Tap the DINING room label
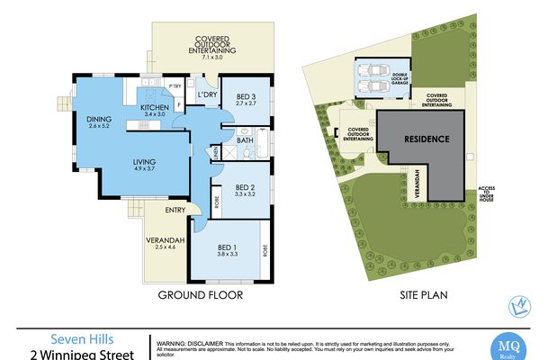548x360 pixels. (x=98, y=120)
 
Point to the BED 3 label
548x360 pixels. (x=247, y=97)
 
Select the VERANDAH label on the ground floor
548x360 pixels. (x=165, y=240)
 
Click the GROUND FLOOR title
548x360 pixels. (x=201, y=294)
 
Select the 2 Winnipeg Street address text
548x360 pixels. (x=74, y=354)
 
